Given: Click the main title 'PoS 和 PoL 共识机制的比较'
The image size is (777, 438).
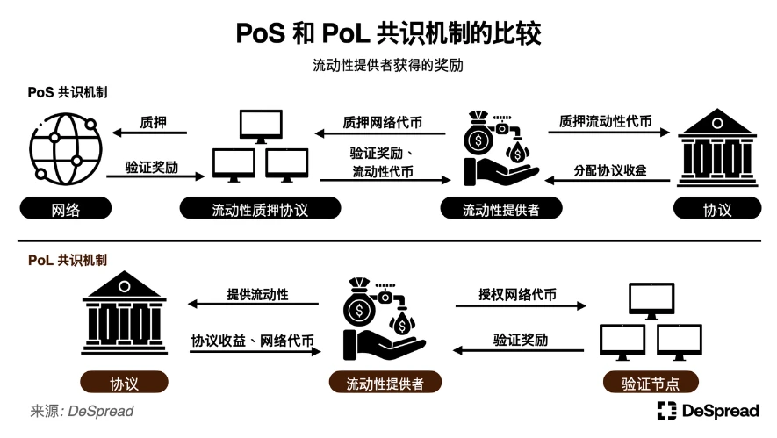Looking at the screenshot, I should click(x=389, y=32).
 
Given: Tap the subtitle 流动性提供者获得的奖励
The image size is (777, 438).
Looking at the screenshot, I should click(x=388, y=66).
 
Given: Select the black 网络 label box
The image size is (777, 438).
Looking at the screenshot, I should click(x=63, y=210).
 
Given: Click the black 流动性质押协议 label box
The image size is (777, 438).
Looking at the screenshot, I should click(x=261, y=210).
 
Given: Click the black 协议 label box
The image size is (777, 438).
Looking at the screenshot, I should click(x=716, y=210).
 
